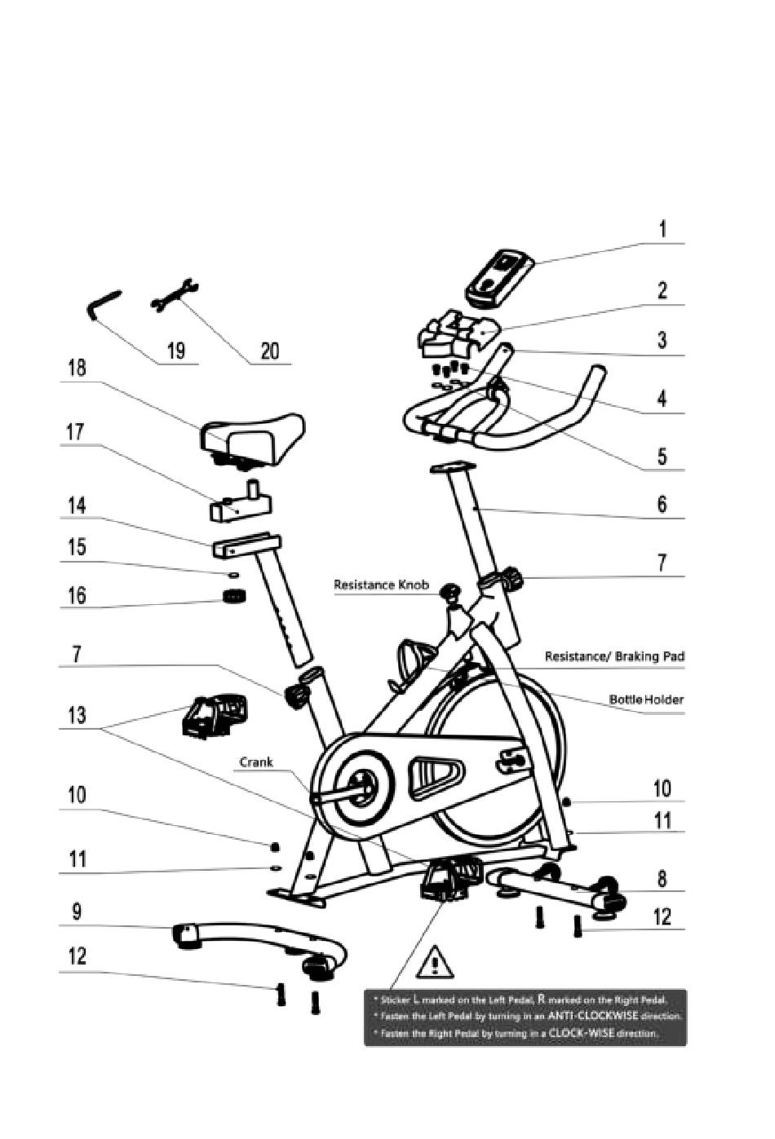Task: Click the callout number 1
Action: pos(662,229)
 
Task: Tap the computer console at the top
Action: pos(500,277)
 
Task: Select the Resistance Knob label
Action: pos(381,585)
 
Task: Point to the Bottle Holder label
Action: pos(646,700)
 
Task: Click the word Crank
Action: pos(256,762)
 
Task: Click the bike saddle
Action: pos(252,436)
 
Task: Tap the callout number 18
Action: pos(76,368)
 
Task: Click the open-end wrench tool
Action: pos(175,295)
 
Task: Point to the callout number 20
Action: pos(269,351)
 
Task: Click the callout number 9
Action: pos(76,911)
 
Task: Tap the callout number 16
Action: pos(76,595)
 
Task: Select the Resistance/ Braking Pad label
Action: pos(614,656)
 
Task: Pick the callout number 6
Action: pos(662,505)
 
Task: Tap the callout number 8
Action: pos(662,878)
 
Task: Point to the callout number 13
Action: pos(76,715)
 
